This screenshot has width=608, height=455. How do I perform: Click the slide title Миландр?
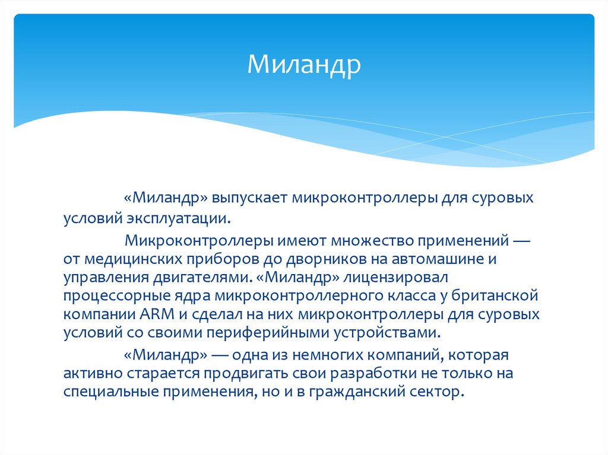point(304,64)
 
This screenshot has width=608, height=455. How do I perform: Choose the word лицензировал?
point(395,278)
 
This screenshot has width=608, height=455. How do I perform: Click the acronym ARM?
point(157,314)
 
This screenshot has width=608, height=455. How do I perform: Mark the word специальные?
point(111,392)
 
